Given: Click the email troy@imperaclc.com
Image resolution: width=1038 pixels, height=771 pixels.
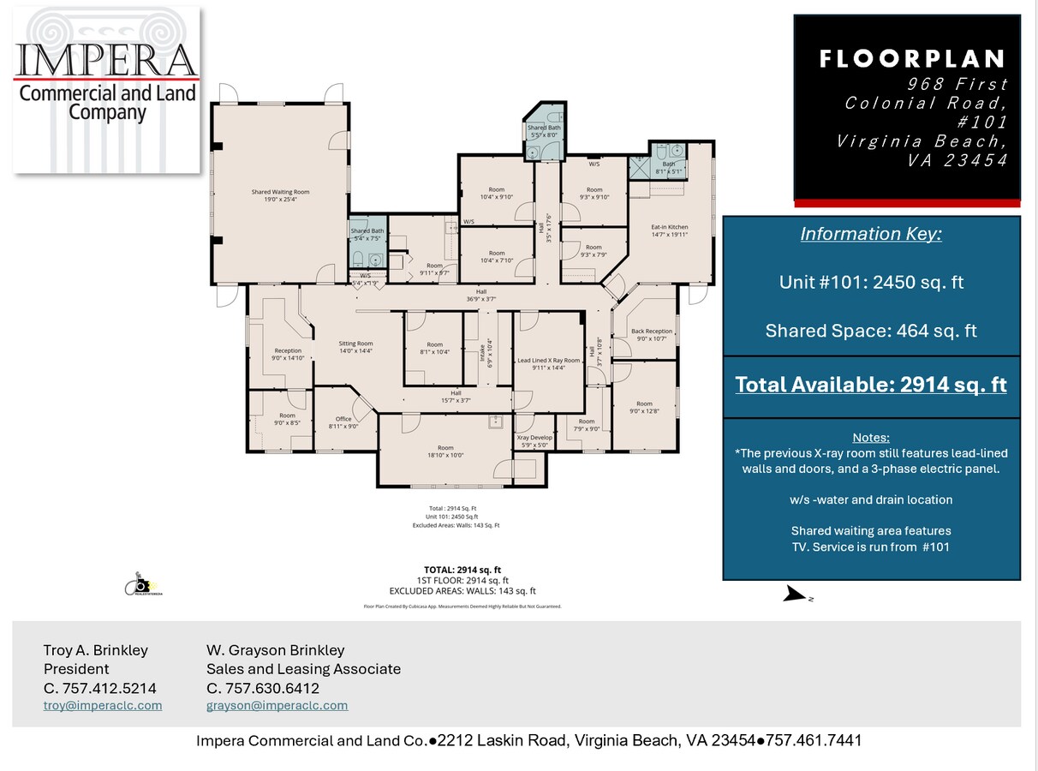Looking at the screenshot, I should [103, 705].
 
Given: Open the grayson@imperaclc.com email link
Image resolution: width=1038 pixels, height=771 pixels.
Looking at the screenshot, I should [277, 705].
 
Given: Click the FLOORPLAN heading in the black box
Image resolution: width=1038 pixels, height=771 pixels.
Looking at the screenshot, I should [912, 58].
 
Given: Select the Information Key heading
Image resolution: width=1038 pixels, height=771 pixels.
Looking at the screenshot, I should [871, 234].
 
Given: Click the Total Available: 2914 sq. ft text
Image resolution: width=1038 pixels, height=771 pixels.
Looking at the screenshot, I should [871, 385].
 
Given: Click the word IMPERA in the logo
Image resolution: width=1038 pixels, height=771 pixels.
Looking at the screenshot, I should [107, 60].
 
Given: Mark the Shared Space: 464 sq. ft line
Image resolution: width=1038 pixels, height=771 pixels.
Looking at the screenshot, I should [871, 331].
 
